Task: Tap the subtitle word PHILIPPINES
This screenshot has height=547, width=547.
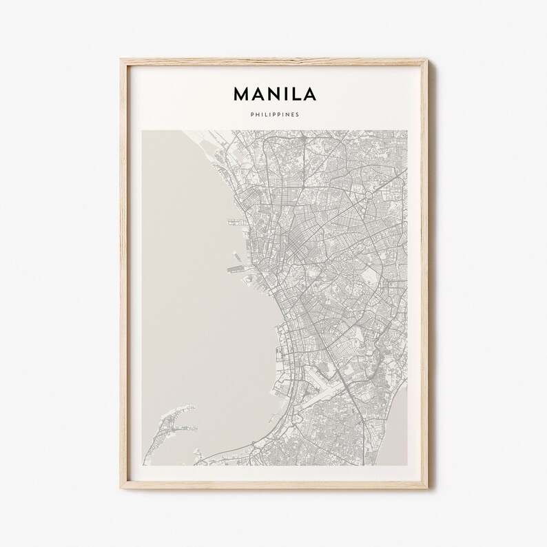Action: click(x=274, y=115)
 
